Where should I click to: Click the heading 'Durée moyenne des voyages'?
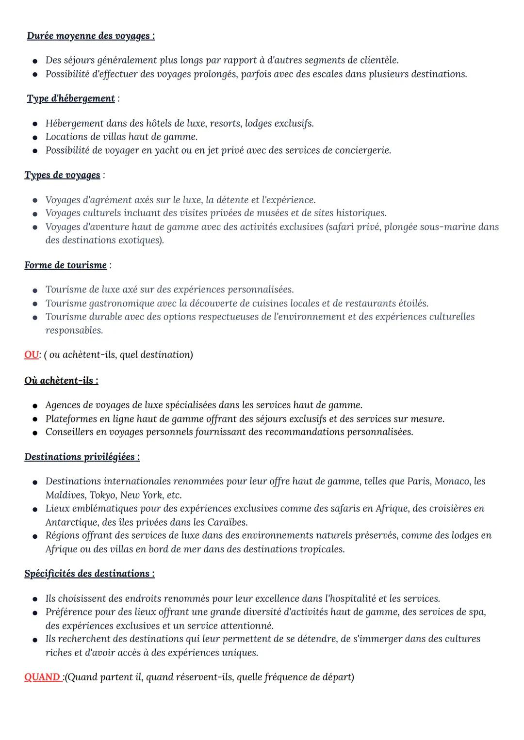click(91, 36)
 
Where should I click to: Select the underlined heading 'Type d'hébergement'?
click(71, 98)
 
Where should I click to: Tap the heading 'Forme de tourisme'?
click(65, 265)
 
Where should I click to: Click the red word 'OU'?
click(31, 354)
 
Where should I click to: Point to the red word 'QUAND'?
click(42, 677)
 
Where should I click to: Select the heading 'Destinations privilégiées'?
click(82, 457)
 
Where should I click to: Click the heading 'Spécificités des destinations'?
click(89, 574)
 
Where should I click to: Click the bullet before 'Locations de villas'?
click(35, 137)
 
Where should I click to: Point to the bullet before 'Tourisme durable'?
click(35, 318)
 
